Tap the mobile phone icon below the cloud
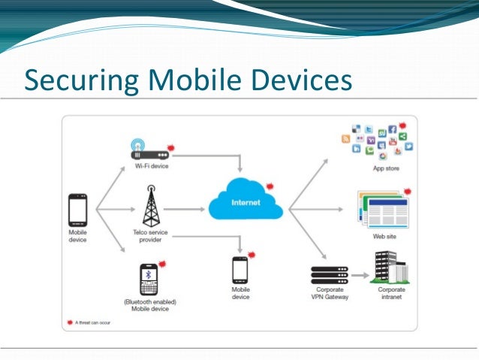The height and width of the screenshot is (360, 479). (x=240, y=270)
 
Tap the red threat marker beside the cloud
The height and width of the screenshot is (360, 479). (x=270, y=185)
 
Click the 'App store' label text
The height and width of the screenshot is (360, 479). (x=387, y=169)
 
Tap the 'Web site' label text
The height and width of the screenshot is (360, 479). (x=385, y=236)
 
